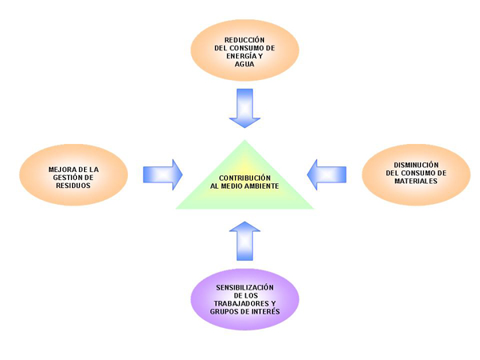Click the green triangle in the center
point(245,192)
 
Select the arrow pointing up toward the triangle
point(245,239)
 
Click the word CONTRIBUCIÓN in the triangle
point(245,177)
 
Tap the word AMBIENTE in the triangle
point(262,186)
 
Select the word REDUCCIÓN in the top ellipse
point(245,38)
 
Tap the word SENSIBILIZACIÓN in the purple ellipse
point(245,286)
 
